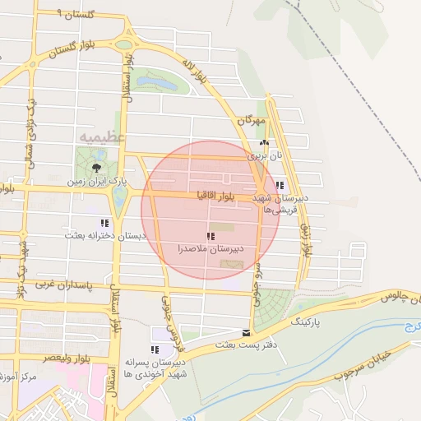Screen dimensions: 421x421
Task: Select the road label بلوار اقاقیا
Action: tap(216, 197)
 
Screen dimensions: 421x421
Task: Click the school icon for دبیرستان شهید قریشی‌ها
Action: tap(280, 186)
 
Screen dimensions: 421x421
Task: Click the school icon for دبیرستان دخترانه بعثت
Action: tap(104, 223)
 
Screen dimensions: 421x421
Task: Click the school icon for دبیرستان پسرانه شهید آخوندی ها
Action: tap(155, 350)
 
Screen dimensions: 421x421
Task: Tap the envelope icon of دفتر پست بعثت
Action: tap(247, 333)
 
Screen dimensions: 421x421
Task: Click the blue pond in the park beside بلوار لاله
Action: tap(156, 83)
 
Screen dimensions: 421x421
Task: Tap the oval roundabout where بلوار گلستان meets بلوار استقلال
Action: tap(123, 44)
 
